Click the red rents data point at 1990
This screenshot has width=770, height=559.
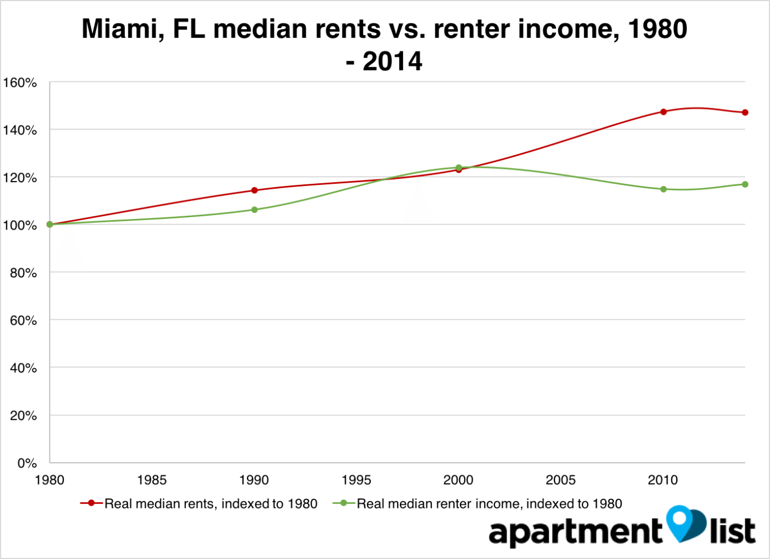coord(254,190)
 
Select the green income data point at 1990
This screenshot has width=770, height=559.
coord(254,210)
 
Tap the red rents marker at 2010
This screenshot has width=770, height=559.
coord(663,112)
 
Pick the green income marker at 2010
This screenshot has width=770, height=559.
coord(663,189)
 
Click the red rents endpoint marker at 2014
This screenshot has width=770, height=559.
coord(745,112)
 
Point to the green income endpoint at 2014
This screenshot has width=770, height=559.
coord(745,184)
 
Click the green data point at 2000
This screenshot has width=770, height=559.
coord(459,167)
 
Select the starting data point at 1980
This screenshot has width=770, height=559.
coord(50,224)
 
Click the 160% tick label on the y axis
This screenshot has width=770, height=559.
coord(20,83)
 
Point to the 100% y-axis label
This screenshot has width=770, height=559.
coord(20,226)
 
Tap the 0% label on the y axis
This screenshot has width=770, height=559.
coord(26,463)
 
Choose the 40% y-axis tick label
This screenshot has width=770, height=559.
coord(23,368)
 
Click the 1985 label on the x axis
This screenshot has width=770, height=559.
coord(152,480)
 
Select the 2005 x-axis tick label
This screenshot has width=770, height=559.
coord(560,480)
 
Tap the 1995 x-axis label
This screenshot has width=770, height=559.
coord(356,480)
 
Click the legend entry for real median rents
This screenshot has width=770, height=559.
coord(199,503)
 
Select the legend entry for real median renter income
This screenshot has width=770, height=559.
coord(477,503)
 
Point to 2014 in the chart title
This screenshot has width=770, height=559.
coord(392,61)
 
